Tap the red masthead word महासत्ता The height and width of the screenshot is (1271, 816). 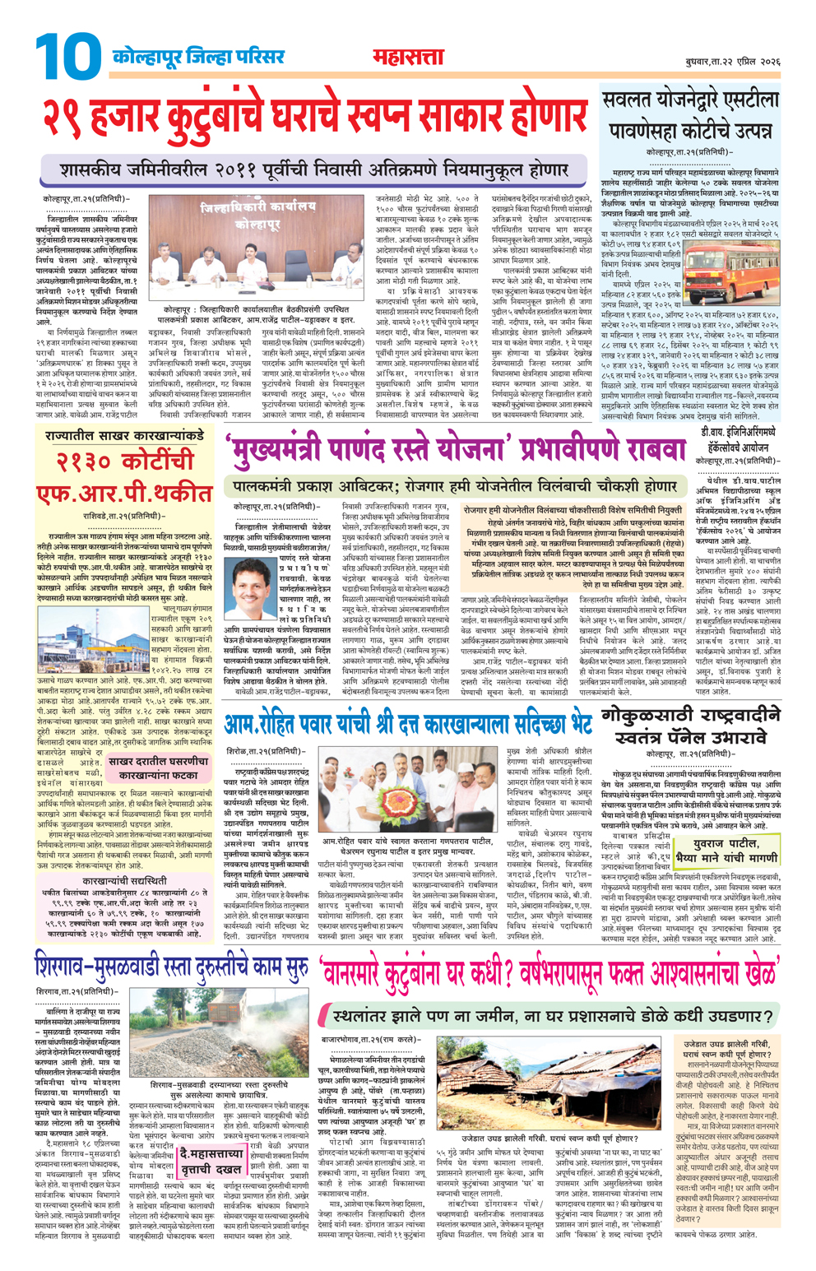click(407, 58)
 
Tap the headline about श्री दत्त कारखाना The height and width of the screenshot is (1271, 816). click(407, 723)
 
